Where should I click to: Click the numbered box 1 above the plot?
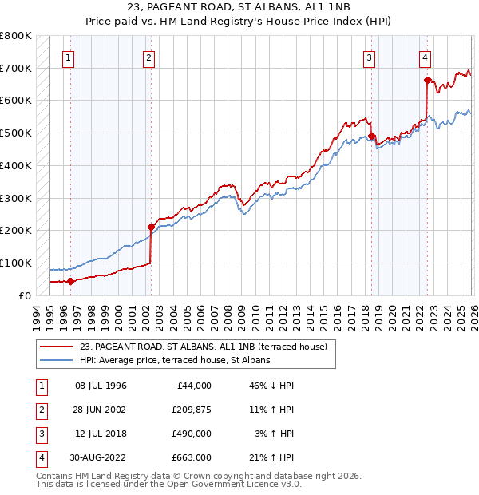[x=69, y=57]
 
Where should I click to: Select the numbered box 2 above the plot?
[x=149, y=57]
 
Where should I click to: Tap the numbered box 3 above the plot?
[x=370, y=57]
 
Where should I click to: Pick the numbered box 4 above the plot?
[x=426, y=57]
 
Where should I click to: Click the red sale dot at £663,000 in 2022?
[x=428, y=80]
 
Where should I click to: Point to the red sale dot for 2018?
[x=371, y=136]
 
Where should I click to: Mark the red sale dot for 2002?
[x=151, y=227]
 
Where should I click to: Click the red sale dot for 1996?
[x=70, y=281]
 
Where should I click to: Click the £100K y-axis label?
[x=16, y=263]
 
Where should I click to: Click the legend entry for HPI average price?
[x=175, y=360]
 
